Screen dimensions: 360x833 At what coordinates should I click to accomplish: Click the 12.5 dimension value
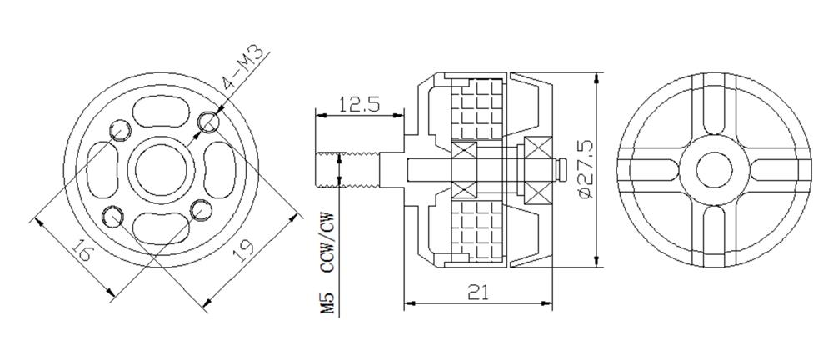[x=360, y=104]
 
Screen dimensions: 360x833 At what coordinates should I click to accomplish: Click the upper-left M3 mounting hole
[x=118, y=128]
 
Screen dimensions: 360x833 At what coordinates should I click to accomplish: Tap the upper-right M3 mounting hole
[x=209, y=122]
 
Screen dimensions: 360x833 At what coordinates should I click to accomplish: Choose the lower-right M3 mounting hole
[x=200, y=210]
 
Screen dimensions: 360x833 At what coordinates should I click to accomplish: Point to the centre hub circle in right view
[x=713, y=170]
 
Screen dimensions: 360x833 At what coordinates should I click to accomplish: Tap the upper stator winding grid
[x=478, y=108]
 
